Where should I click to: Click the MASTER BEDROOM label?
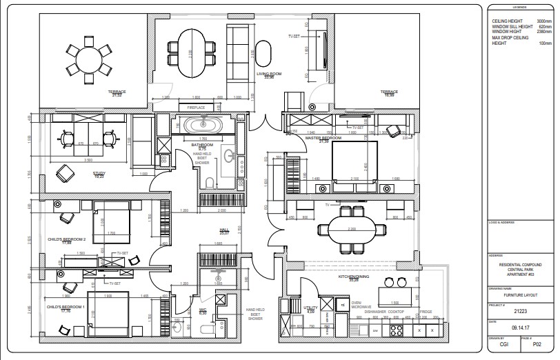click(323, 138)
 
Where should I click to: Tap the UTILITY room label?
click(310, 308)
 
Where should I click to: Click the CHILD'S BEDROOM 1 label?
click(65, 307)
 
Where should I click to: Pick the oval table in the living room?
click(193, 55)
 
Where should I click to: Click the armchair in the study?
click(65, 172)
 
